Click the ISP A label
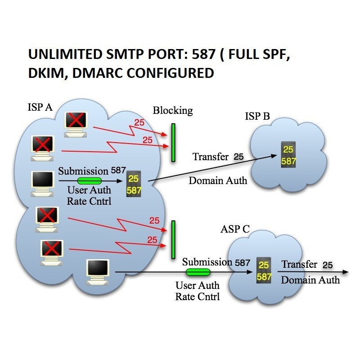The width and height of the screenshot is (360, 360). (40, 107)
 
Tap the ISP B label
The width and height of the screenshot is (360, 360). (257, 117)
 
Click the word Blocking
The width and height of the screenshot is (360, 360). (173, 111)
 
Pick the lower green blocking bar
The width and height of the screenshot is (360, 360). (173, 239)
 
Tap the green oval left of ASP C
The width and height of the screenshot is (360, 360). (198, 272)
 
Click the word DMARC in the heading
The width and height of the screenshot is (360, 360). (98, 73)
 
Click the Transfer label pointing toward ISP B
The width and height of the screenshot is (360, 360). (211, 157)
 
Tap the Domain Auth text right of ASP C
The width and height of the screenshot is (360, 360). (310, 280)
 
